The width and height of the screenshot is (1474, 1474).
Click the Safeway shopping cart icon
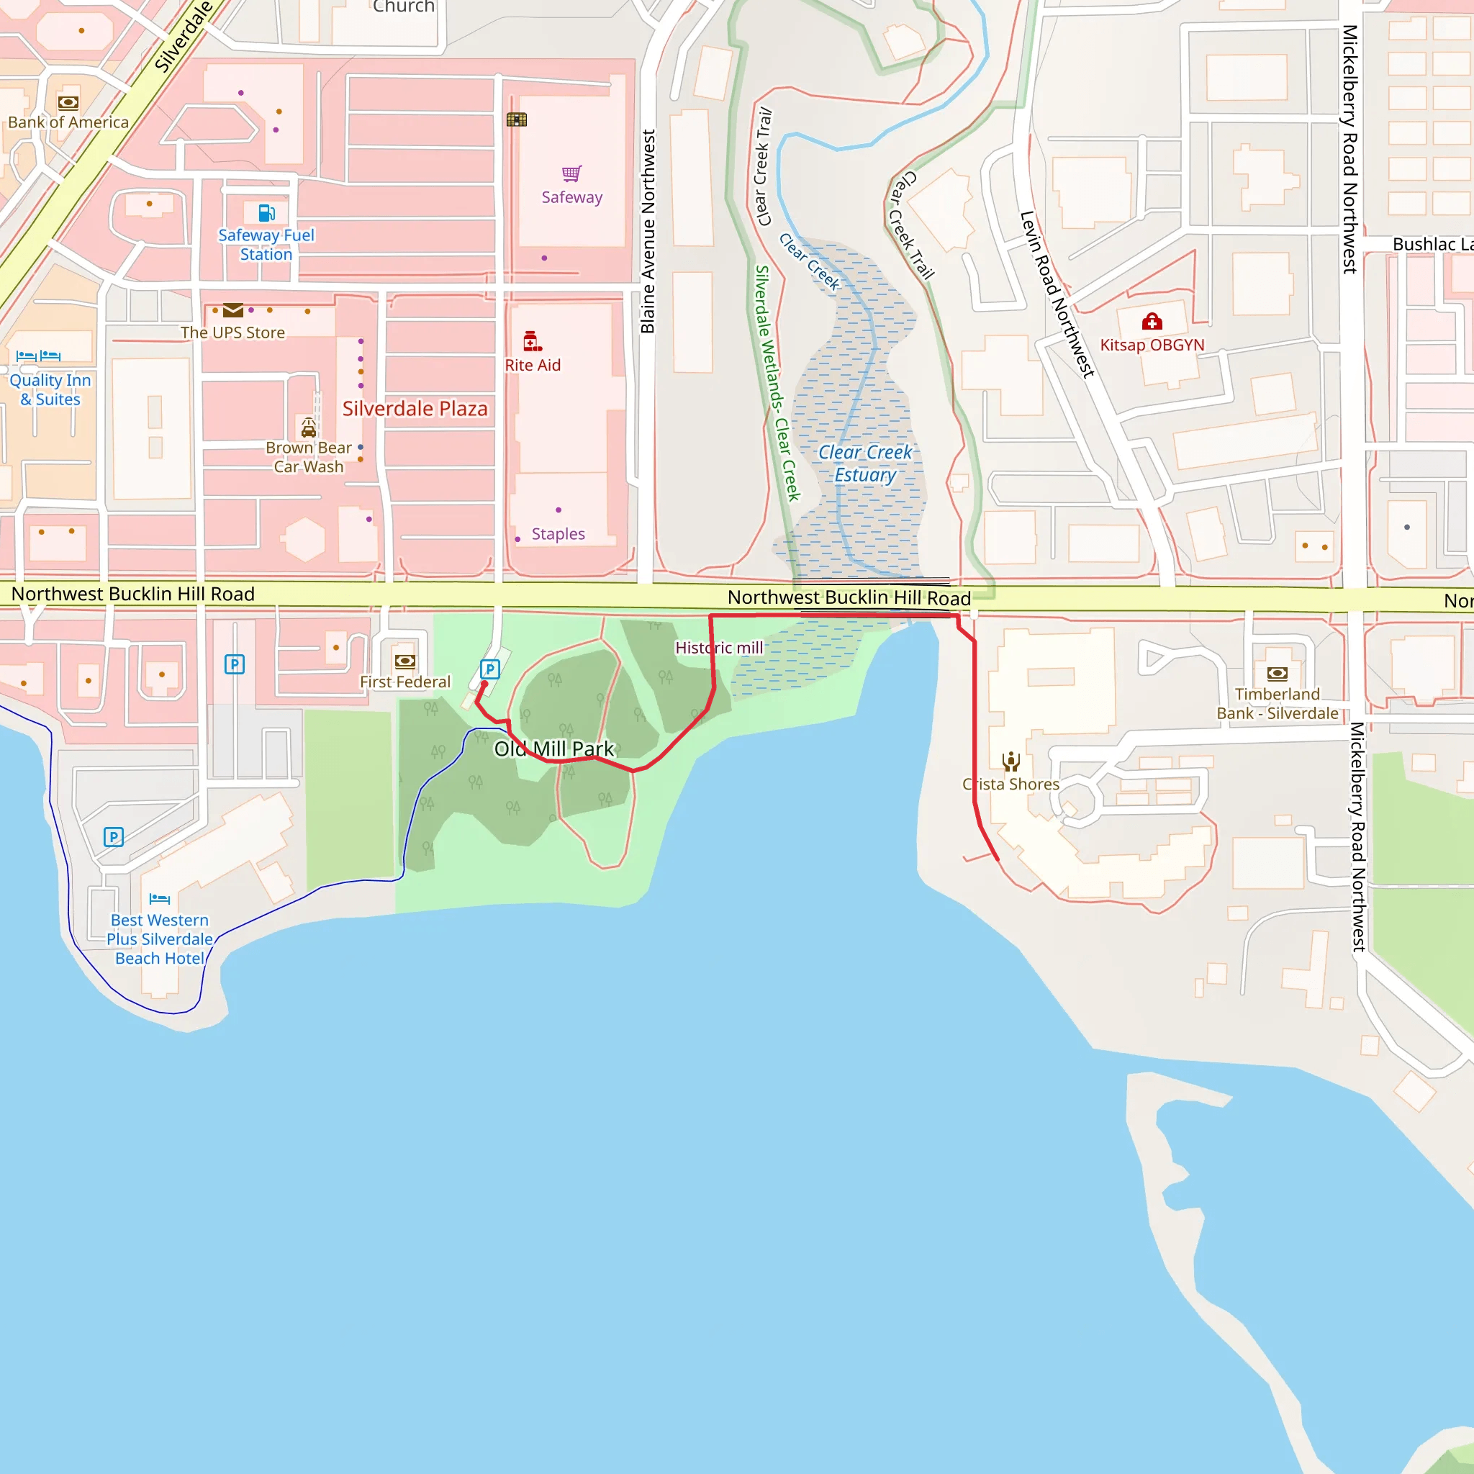[x=571, y=174]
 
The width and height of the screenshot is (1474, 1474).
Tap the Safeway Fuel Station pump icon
[x=266, y=212]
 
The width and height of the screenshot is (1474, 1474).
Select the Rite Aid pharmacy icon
[x=532, y=341]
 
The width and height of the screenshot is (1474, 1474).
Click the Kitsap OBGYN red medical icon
[x=1152, y=321]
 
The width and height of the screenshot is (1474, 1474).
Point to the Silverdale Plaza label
[x=415, y=409]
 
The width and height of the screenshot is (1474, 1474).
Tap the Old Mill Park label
[x=554, y=749]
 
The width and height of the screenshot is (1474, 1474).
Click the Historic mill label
[x=719, y=648]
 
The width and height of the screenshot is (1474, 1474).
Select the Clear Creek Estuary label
[x=864, y=463]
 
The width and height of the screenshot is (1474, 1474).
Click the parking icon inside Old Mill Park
[x=490, y=669]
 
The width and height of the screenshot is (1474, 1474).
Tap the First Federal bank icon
[x=405, y=661]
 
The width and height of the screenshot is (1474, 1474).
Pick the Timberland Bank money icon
[x=1278, y=673]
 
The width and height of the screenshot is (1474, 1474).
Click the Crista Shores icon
[x=1011, y=761]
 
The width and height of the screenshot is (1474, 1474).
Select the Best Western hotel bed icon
[x=160, y=899]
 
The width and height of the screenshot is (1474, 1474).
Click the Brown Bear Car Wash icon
[x=308, y=428]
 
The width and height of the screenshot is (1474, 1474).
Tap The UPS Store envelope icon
[x=233, y=309]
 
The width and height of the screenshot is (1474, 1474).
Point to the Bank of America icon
[x=68, y=102]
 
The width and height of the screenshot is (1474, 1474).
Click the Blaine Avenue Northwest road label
[x=648, y=231]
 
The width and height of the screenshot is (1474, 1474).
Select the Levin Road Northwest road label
[x=1057, y=294]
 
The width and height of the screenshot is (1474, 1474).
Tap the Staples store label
[x=558, y=534]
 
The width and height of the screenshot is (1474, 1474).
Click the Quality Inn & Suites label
[x=50, y=389]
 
